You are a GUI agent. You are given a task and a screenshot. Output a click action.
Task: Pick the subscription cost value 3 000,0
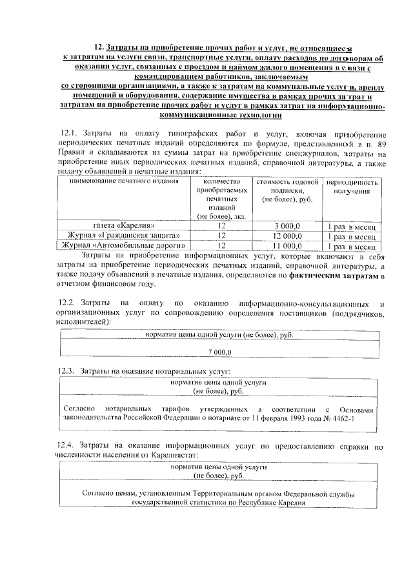click(x=288, y=227)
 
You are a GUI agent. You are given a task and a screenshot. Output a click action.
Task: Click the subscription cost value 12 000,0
click(x=288, y=236)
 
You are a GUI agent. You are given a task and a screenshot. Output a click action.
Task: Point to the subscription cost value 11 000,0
click(x=288, y=246)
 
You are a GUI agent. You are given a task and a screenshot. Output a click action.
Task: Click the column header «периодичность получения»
click(x=352, y=187)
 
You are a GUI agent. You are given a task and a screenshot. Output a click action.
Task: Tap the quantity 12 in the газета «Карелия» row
click(x=222, y=227)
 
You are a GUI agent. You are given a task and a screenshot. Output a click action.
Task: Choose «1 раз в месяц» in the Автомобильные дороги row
click(x=352, y=246)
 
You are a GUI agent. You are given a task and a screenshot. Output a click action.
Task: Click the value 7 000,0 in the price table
click(x=220, y=350)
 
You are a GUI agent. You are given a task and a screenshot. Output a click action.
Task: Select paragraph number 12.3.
click(x=67, y=370)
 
